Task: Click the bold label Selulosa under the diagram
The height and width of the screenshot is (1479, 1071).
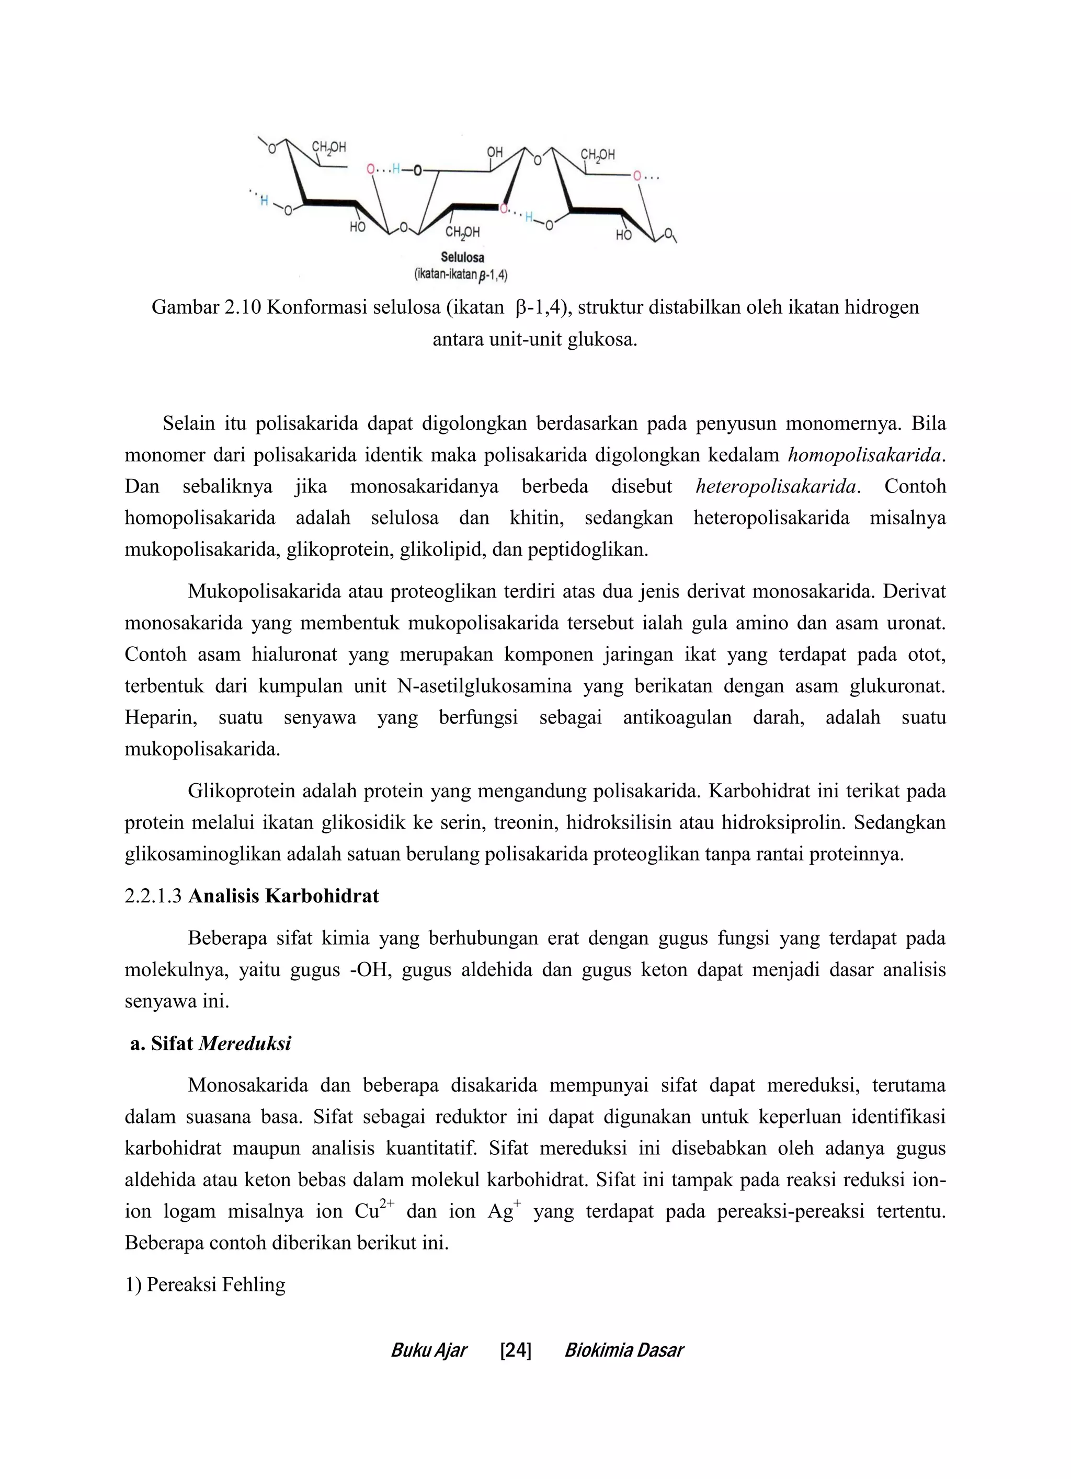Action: (x=462, y=258)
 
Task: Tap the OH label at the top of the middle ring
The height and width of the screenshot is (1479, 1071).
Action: (x=495, y=152)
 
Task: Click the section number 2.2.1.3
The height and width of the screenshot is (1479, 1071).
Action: (x=153, y=896)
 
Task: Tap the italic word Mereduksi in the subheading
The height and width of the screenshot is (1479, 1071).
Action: (x=245, y=1044)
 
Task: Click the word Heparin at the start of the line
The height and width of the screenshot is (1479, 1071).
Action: (x=161, y=717)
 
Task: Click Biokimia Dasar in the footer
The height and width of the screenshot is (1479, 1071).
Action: (x=623, y=1350)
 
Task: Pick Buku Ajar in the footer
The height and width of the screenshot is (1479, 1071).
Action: (x=428, y=1350)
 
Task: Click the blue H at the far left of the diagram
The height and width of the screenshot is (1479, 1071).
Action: (x=264, y=201)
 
